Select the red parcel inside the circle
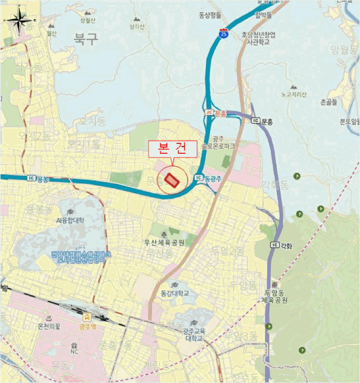[172, 181]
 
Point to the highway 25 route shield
[223, 34]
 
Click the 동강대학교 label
[175, 293]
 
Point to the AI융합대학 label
[70, 220]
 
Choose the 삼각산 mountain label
[137, 26]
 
